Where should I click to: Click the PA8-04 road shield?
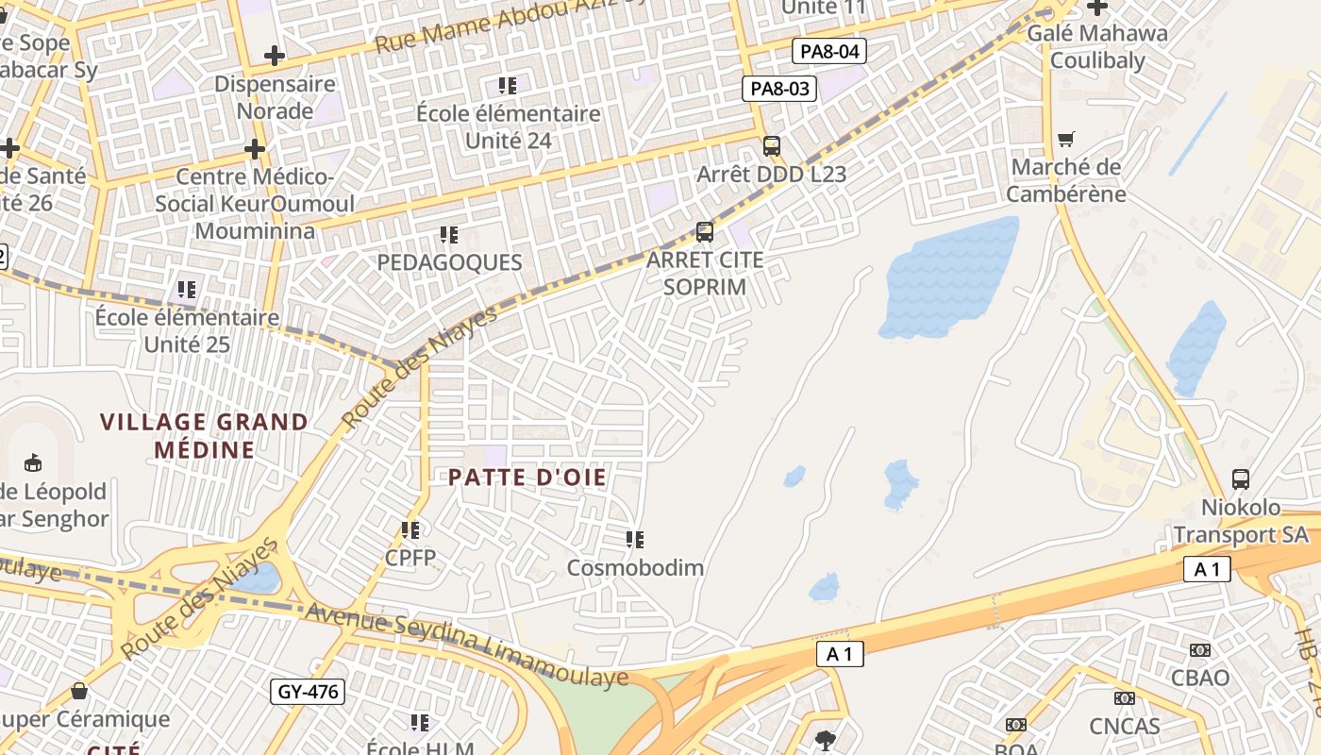pos(829,51)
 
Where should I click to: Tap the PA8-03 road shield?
pos(778,89)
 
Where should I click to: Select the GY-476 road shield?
pos(308,692)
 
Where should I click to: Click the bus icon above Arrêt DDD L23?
pos(772,146)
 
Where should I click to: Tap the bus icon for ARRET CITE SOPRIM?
pos(704,231)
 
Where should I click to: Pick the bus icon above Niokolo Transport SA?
pos(1241,478)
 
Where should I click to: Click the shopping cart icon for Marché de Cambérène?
pos(1066,140)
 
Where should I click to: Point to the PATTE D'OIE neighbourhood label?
pos(527,478)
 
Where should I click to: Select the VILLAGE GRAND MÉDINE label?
pos(205,435)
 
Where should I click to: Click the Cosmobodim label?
pos(635,568)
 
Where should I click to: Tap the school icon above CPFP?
pos(410,530)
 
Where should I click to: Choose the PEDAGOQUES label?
pos(449,262)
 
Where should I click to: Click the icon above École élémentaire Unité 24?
pos(508,86)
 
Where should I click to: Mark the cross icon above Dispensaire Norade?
pos(275,56)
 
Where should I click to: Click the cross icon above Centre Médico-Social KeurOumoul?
pos(254,149)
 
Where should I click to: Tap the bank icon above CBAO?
pos(1200,650)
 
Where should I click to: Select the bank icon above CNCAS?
pos(1124,698)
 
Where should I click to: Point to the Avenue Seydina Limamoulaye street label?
pos(467,644)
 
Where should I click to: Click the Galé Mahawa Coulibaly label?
pos(1097,47)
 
